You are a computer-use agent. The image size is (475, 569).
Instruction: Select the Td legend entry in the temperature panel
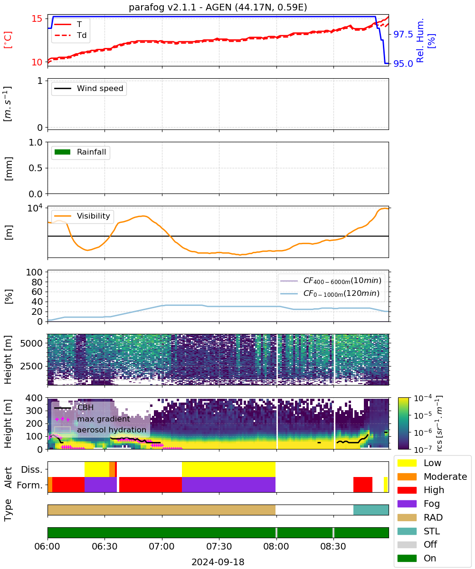point(70,35)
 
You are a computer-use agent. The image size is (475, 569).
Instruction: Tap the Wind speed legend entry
point(89,88)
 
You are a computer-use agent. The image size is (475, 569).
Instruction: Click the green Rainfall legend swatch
point(63,152)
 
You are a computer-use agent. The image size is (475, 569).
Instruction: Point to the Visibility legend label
point(94,216)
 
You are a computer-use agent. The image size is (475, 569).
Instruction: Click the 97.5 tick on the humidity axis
point(403,34)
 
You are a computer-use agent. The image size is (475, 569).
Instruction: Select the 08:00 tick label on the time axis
point(276,546)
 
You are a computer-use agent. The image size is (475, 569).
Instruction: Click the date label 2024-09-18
point(218,562)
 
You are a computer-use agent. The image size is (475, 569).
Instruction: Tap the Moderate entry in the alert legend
point(432,477)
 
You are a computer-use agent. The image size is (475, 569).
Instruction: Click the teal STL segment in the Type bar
point(370,510)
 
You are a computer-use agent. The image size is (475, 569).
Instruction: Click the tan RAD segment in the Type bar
point(161,510)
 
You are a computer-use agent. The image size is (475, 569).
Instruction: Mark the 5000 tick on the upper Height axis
point(31,343)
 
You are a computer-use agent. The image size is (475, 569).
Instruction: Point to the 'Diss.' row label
point(32,469)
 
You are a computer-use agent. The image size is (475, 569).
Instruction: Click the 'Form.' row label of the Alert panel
point(30,486)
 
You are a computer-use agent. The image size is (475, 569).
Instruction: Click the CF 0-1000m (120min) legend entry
point(330,294)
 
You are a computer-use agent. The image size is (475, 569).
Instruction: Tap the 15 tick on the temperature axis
point(37,19)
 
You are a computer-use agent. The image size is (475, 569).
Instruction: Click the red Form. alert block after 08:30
point(363,485)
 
